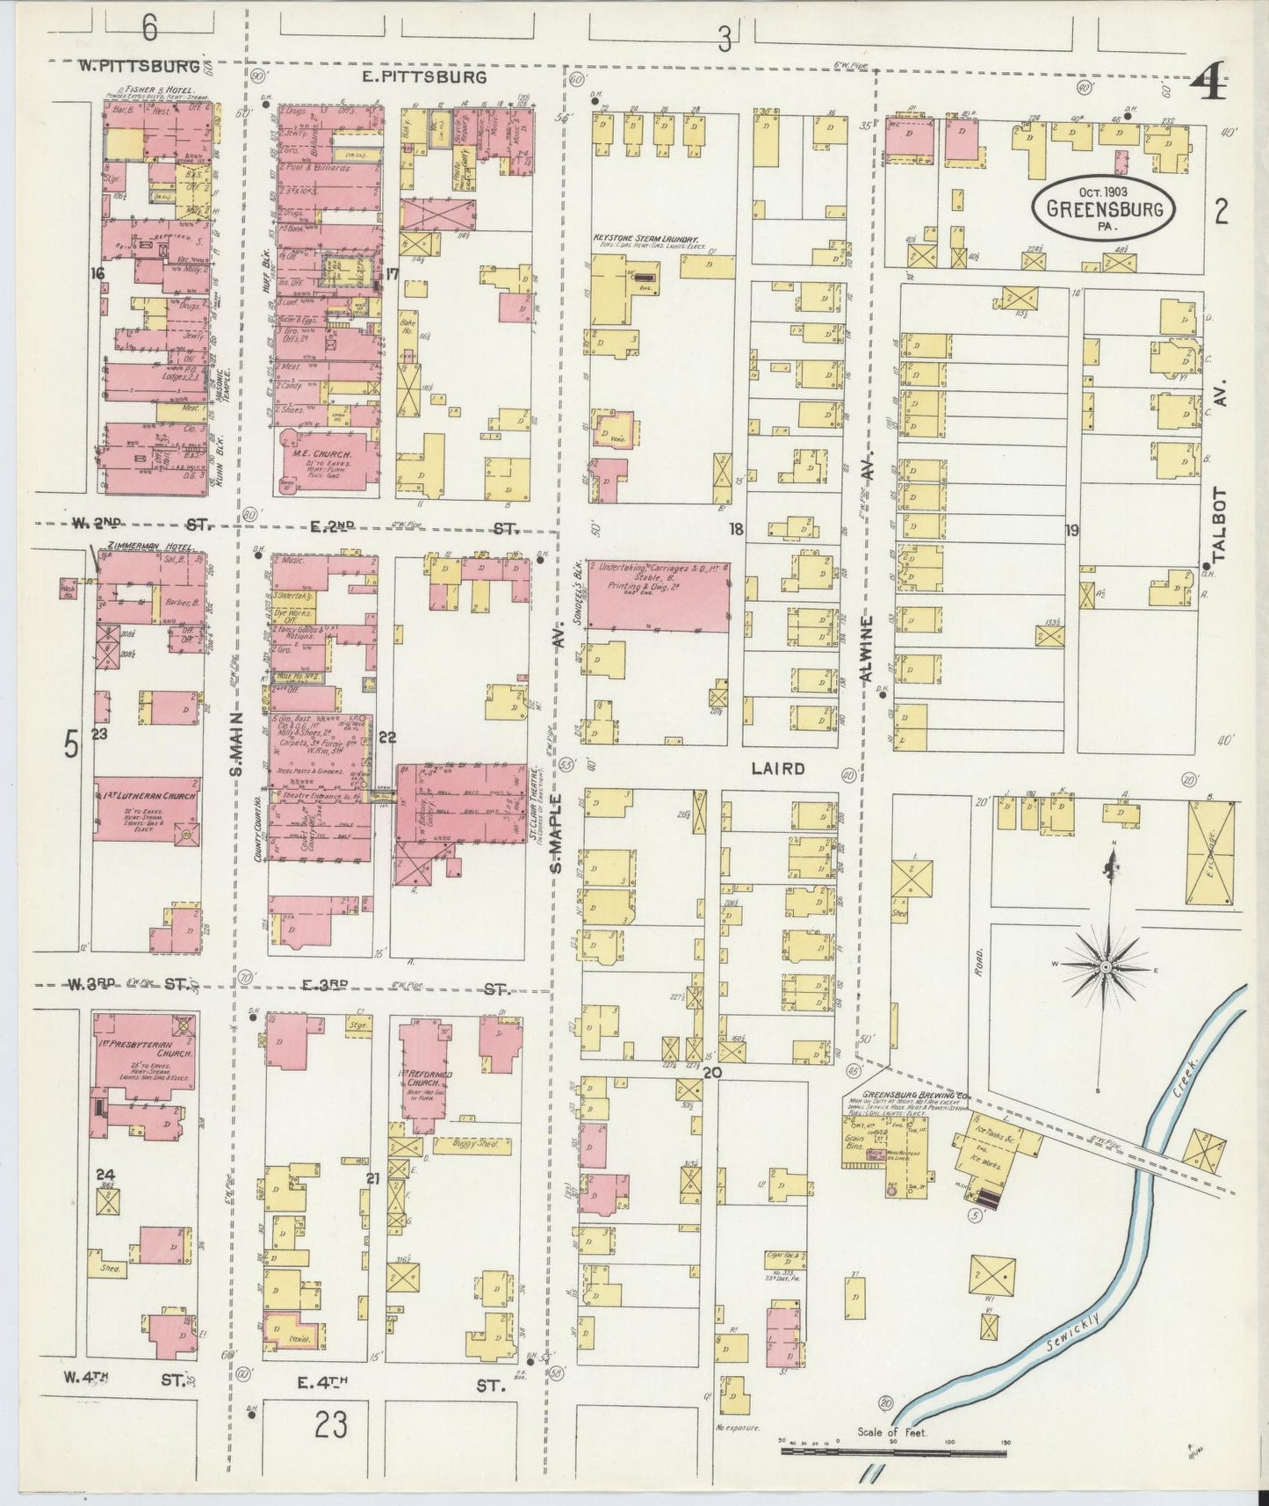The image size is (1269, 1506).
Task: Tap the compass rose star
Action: pos(1107,967)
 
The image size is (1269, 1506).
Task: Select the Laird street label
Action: pos(778,769)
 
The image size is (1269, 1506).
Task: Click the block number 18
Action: pos(735,529)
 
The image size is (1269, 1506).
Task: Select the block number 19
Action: pos(1071,530)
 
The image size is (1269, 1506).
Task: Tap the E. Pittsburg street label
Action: pos(423,77)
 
